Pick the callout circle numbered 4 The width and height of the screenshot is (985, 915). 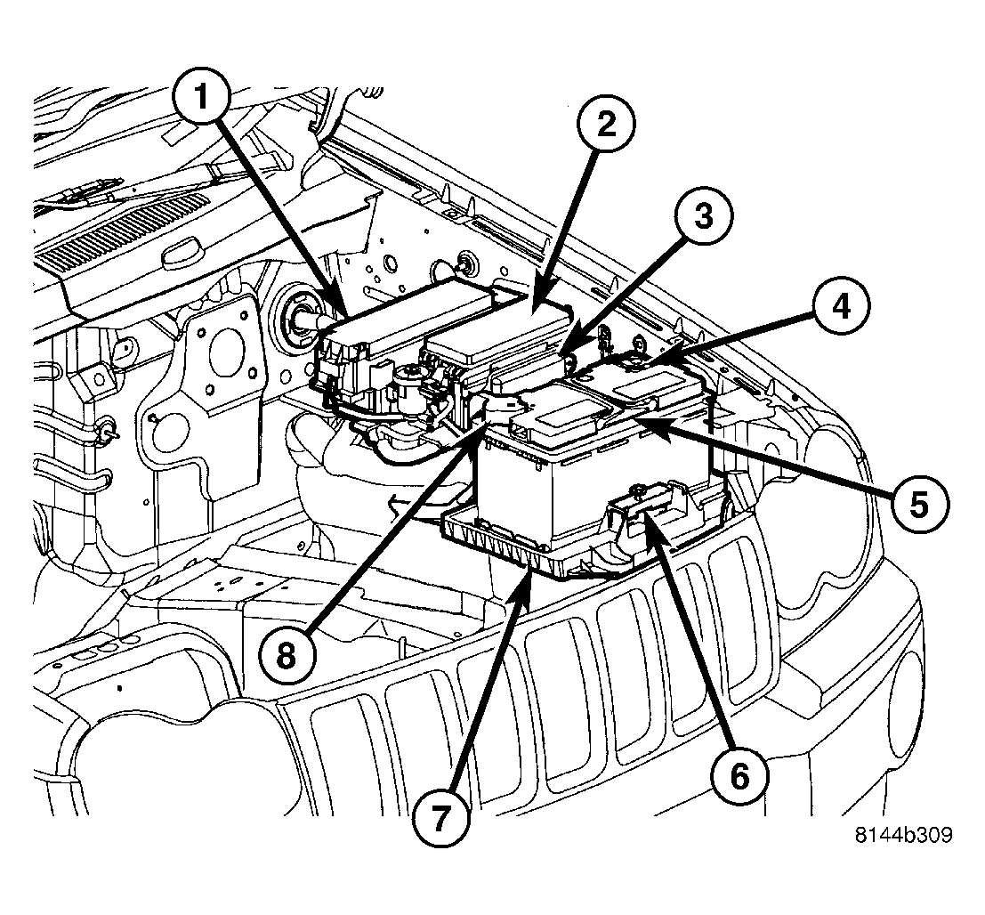pos(841,308)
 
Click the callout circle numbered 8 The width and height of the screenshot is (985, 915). pos(284,656)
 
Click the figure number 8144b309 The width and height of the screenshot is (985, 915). pos(903,836)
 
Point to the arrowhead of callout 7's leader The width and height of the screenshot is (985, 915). pos(532,572)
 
